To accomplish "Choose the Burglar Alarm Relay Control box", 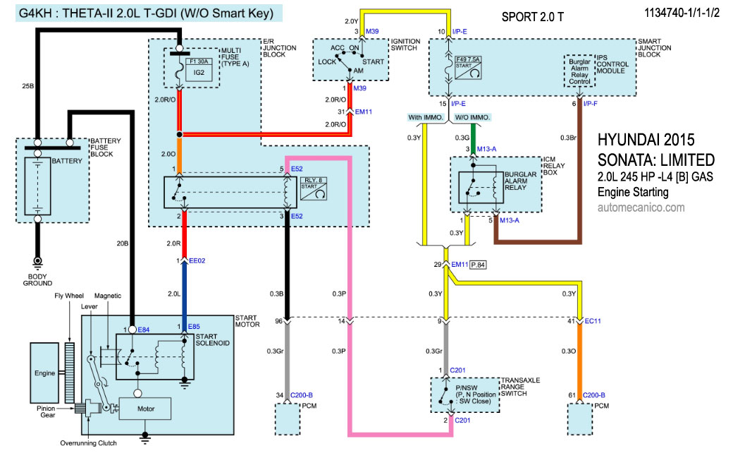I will click(x=580, y=71).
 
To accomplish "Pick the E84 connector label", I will click(x=144, y=330).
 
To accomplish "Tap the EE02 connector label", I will click(x=197, y=261).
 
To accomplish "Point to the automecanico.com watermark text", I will click(x=641, y=208).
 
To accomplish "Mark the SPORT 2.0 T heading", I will click(x=534, y=16).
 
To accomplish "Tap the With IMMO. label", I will click(x=424, y=117).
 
